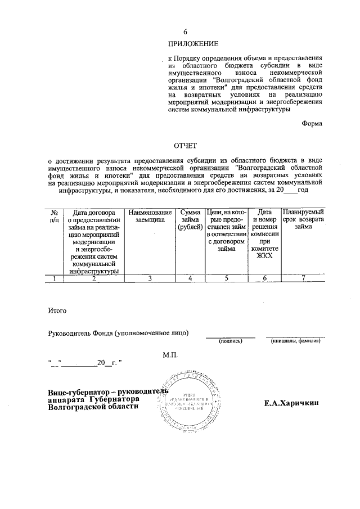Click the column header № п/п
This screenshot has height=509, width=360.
[55, 217]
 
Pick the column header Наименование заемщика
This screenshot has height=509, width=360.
[149, 217]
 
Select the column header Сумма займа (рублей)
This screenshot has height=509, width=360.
[190, 220]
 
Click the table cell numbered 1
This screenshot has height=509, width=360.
[55, 278]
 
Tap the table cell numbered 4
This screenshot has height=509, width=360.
[190, 278]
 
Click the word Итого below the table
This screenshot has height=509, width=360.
[58, 310]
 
